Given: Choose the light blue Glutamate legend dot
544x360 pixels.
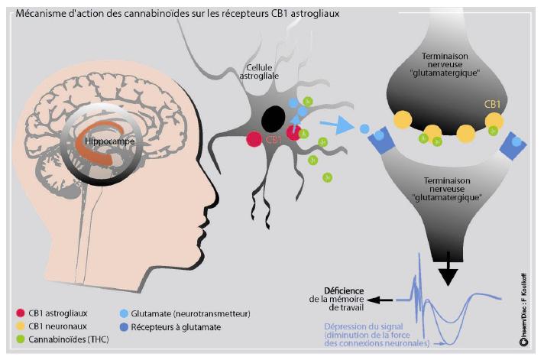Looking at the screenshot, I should point(124,313).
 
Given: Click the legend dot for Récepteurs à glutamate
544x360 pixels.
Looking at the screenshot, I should point(124,326).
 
